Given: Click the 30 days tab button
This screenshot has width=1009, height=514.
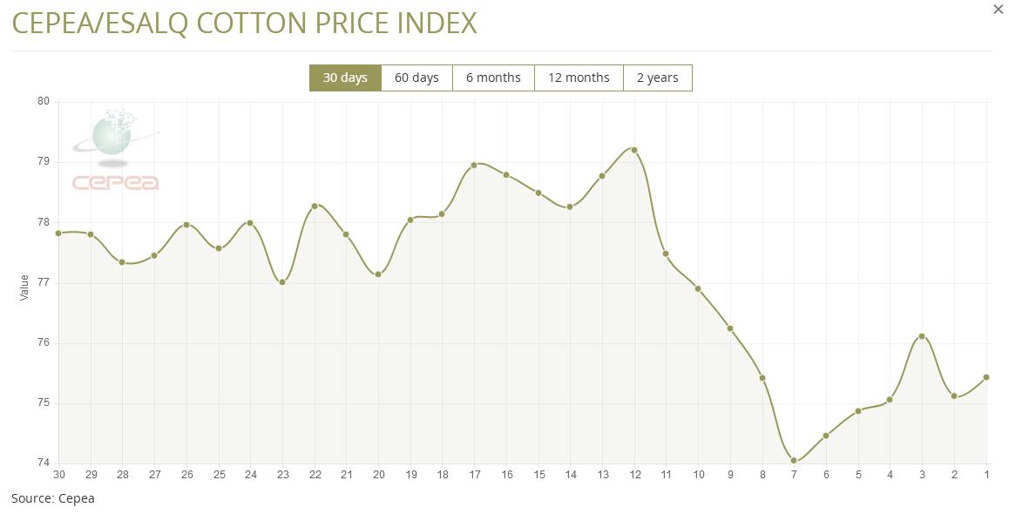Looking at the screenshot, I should point(345,78).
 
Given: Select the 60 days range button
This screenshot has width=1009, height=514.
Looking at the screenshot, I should point(416,78).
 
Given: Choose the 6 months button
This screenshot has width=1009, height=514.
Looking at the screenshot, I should point(493,78).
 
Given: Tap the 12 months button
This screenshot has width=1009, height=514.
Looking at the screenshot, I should point(579,78).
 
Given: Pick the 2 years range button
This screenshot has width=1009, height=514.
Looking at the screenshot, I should point(657,78).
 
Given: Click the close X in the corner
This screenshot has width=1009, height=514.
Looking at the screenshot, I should point(999,10).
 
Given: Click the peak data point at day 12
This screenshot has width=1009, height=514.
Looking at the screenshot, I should point(634,150).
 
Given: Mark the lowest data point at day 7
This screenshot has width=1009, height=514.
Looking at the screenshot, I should point(794,461).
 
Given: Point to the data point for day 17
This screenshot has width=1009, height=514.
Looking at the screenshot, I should point(474,165).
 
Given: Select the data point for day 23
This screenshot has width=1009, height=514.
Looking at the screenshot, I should point(282,282).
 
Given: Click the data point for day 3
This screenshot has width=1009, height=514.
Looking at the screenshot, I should point(922,336).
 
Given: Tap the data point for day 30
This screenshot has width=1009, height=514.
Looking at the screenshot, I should point(58,233).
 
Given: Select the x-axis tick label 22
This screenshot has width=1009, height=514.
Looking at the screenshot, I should point(315,475).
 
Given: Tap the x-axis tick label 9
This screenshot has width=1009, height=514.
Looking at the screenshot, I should point(730,475).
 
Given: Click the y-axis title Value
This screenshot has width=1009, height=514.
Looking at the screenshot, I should point(24,287).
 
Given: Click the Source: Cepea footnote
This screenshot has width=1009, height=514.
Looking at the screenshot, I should point(53,498).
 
